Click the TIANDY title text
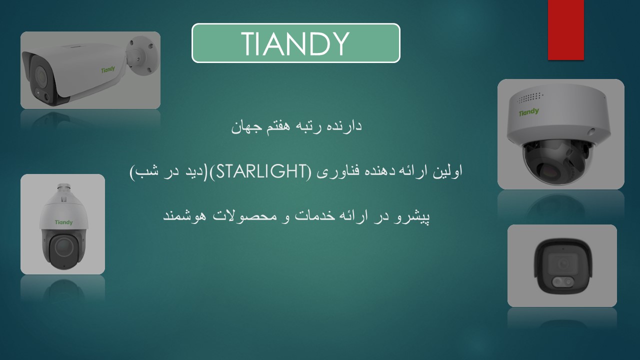(295, 43)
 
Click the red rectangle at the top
(565, 30)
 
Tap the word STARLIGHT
(261, 171)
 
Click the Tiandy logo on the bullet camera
(108, 69)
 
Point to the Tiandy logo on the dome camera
(529, 111)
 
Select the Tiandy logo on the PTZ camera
(63, 222)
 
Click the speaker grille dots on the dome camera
(530, 97)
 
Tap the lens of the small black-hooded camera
(563, 262)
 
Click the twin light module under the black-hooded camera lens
(562, 281)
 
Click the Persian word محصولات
(245, 216)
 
